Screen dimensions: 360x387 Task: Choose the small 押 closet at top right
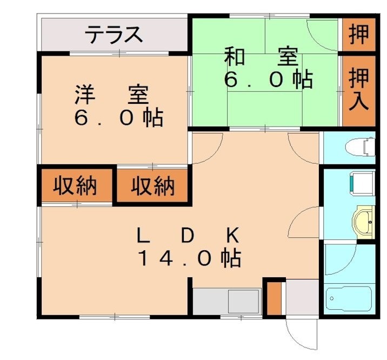[358, 34]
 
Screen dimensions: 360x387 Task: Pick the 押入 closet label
[358, 89]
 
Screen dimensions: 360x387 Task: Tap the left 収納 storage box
[75, 186]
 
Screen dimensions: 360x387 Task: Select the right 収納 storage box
[154, 187]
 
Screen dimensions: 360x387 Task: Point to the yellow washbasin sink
[363, 221]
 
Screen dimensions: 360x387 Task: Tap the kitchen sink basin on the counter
[244, 300]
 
